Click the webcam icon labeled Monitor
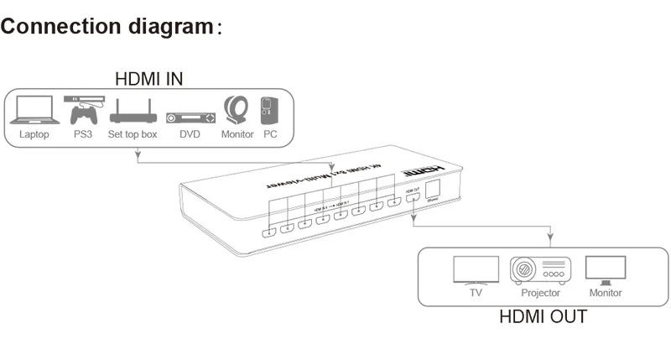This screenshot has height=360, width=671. coord(236,111)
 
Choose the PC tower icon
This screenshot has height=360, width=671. coord(268,110)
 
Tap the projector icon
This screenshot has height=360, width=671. coord(540,270)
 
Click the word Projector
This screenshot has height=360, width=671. coord(540,293)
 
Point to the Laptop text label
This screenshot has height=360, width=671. coord(34,133)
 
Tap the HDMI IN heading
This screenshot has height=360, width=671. coord(148,79)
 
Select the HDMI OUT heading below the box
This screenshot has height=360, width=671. coord(543,317)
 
